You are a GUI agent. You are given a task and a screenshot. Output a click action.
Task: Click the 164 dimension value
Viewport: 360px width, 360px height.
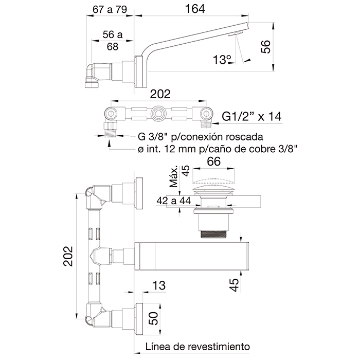point(195,9)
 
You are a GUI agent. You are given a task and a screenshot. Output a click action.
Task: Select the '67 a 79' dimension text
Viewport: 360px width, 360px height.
point(110,10)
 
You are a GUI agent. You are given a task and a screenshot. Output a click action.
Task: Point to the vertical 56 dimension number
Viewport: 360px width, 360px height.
point(266,47)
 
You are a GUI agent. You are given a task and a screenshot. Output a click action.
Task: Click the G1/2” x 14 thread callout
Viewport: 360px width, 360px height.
point(251,116)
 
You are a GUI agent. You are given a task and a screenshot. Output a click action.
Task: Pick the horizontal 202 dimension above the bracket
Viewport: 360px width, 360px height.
point(160,94)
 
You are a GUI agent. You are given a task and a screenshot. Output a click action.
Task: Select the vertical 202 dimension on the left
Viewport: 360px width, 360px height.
point(68,256)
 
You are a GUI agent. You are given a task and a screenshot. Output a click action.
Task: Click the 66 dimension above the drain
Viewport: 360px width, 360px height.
point(214,161)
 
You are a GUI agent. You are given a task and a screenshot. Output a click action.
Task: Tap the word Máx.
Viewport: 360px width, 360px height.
point(174,176)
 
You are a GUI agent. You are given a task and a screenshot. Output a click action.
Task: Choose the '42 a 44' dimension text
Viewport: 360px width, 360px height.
point(174,201)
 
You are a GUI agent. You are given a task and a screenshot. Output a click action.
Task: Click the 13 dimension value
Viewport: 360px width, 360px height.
point(159,285)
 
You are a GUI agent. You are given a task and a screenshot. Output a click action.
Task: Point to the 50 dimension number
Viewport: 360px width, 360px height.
point(154,318)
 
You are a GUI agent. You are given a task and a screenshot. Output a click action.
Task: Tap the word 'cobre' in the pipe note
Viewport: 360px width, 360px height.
point(263,149)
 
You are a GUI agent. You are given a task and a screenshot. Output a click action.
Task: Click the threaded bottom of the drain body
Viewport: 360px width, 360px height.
point(213,234)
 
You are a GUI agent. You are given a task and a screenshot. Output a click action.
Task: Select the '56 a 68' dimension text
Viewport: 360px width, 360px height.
point(113,41)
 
